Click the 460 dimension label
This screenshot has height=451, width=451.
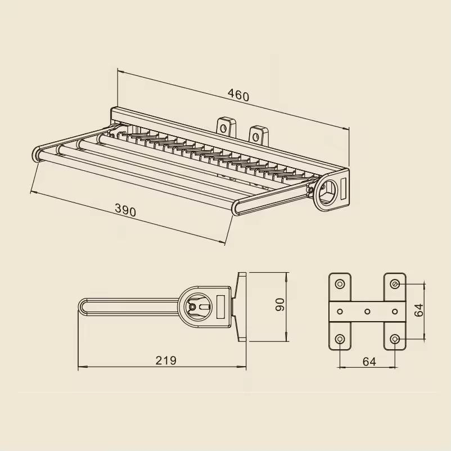tap(238, 96)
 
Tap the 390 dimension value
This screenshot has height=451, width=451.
tap(125, 210)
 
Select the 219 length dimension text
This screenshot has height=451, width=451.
tap(166, 360)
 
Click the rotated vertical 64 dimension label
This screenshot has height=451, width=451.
tap(419, 310)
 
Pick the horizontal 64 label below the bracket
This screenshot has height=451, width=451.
tap(369, 362)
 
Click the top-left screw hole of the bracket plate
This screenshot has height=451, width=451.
tap(340, 283)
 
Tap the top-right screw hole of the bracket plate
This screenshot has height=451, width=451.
tap(395, 283)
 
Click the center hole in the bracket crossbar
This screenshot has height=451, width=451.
tap(368, 311)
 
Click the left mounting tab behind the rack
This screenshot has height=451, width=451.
tap(226, 127)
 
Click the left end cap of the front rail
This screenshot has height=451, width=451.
tap(37, 154)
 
